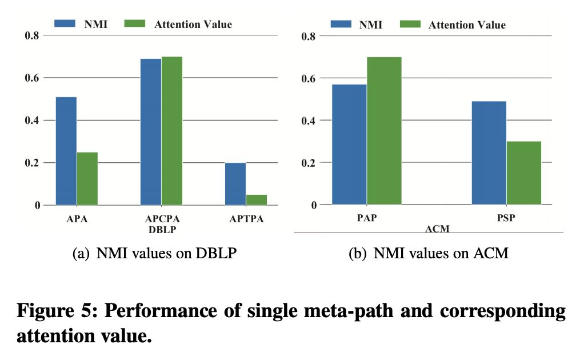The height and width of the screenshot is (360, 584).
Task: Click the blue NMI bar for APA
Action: pos(66,151)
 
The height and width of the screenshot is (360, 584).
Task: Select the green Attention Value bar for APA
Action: pos(87,178)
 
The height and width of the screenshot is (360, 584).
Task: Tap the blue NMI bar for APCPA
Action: pos(150,131)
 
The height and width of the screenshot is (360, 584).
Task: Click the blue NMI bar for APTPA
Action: pos(235,183)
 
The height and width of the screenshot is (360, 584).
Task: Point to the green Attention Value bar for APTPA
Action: pos(257,199)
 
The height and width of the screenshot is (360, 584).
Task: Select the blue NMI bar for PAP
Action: pos(349,144)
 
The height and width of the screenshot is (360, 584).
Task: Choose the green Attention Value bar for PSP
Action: pos(523,173)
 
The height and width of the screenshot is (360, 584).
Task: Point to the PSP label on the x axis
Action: pos(506,218)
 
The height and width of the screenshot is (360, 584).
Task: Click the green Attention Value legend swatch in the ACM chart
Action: pos(409,24)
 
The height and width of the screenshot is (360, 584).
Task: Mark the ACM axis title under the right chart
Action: pos(437,229)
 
